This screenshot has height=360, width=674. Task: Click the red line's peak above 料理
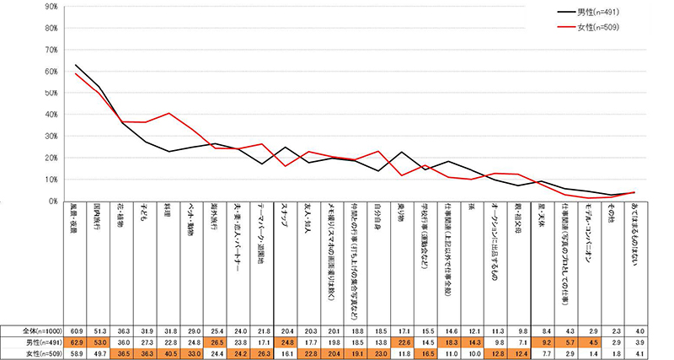(x=170, y=113)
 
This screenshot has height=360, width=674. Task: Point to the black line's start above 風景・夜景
(x=77, y=65)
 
